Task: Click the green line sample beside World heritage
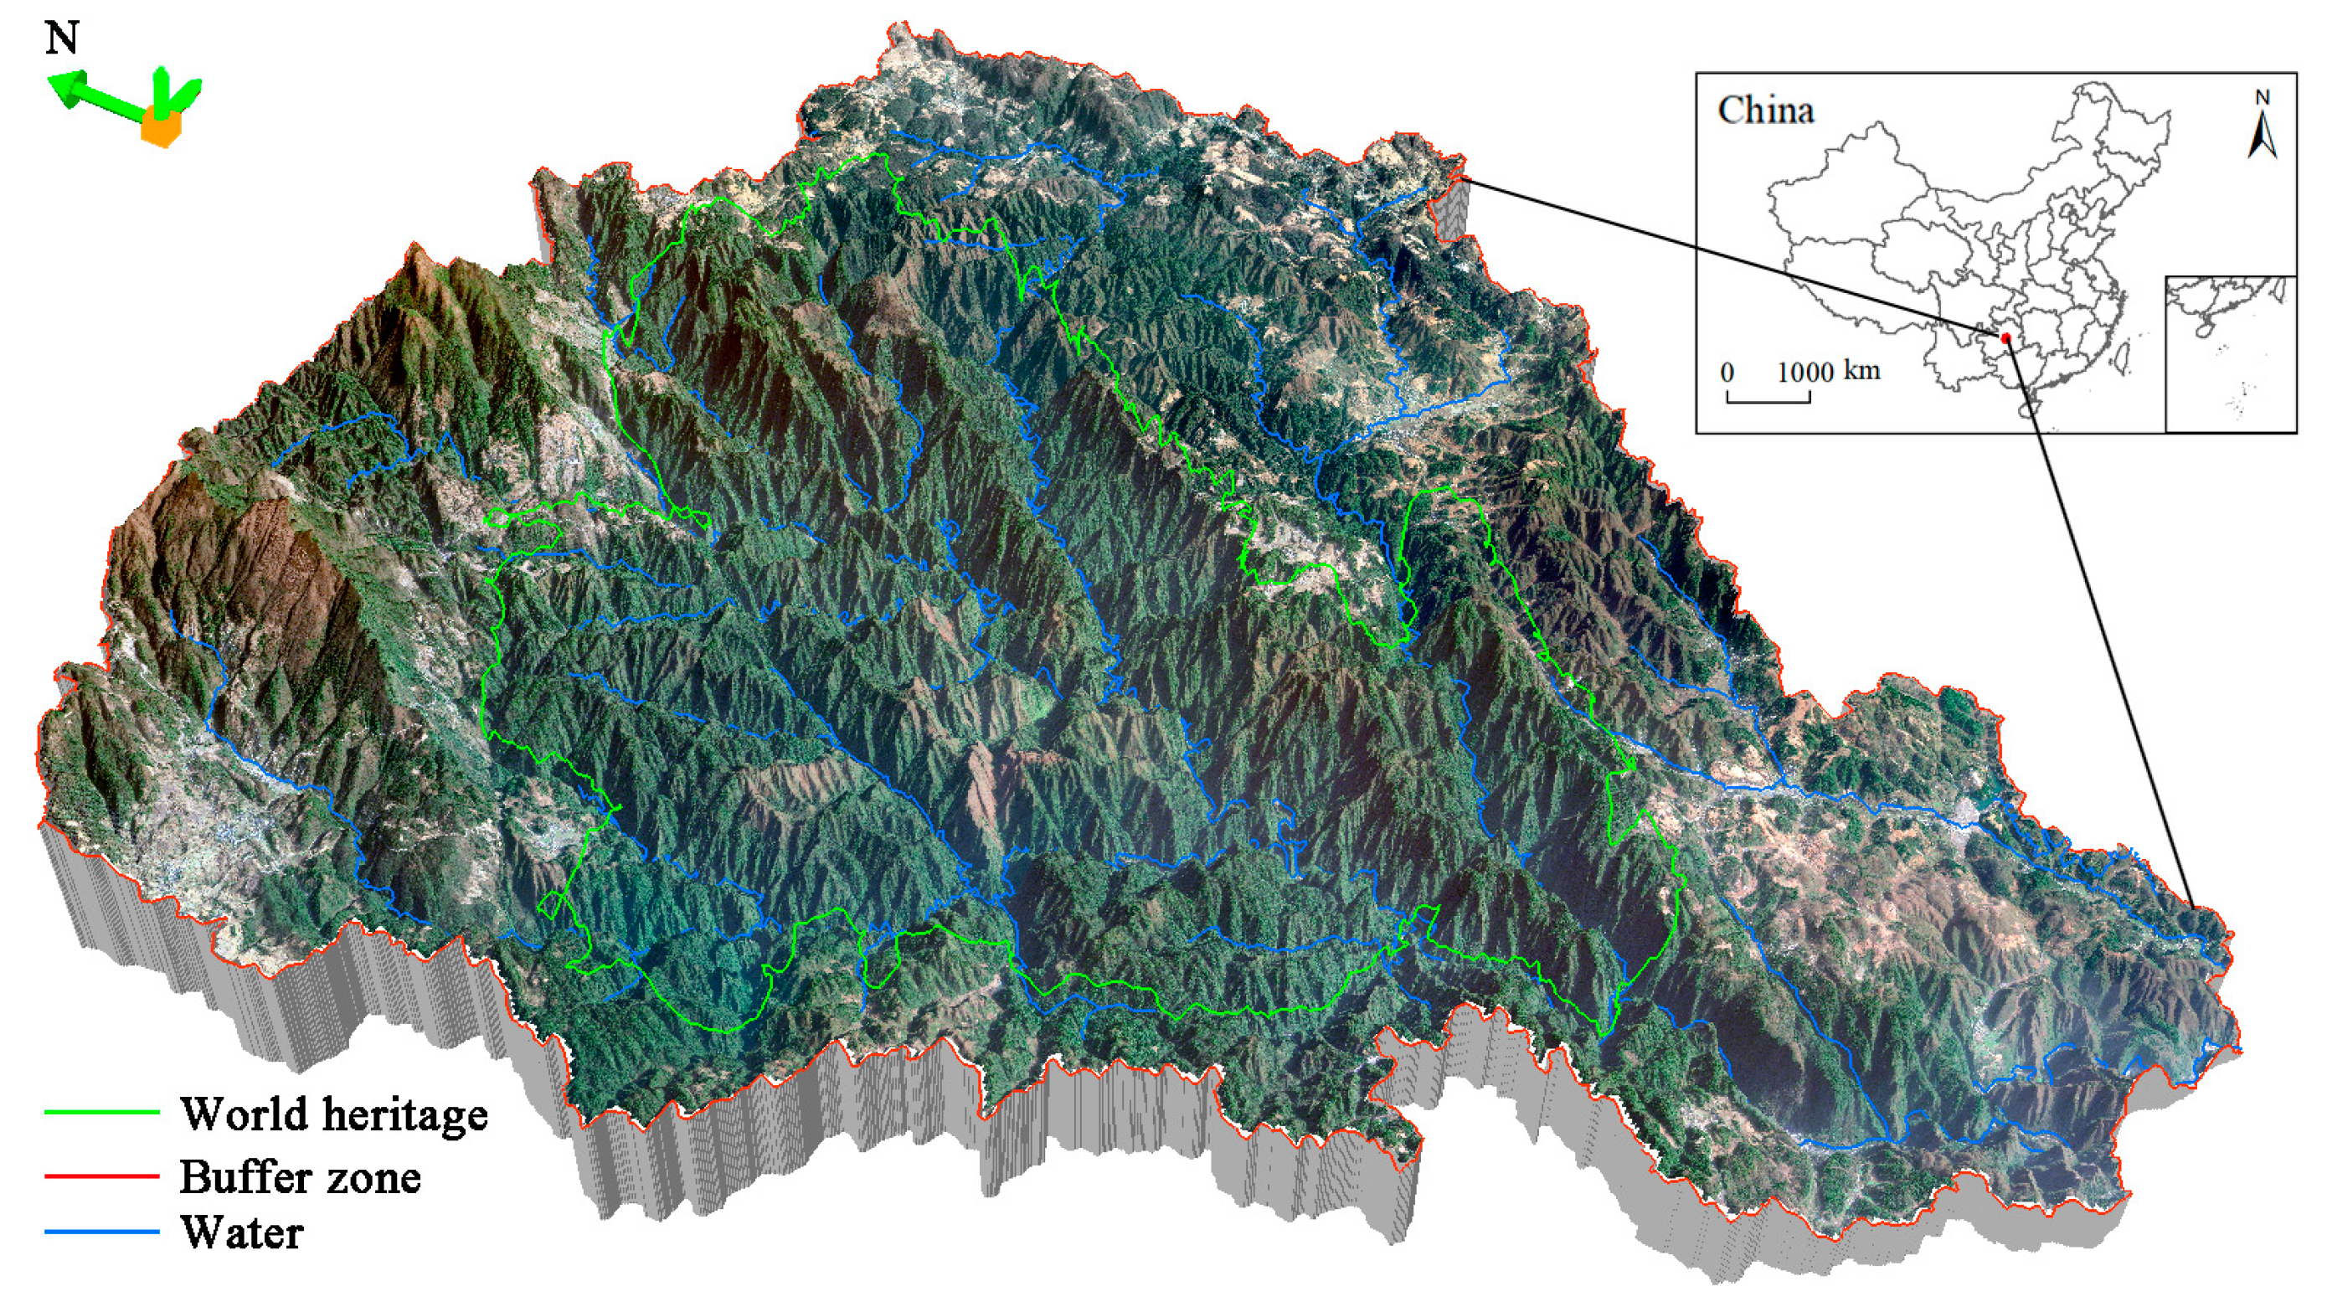pyautogui.click(x=101, y=1112)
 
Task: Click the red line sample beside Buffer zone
pyautogui.click(x=101, y=1176)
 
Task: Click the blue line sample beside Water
pyautogui.click(x=101, y=1231)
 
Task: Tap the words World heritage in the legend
pyautogui.click(x=333, y=1114)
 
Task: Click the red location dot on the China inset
pyautogui.click(x=2005, y=337)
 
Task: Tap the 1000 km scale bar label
pyautogui.click(x=1829, y=371)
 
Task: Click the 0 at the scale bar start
pyautogui.click(x=1727, y=372)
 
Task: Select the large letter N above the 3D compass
pyautogui.click(x=61, y=38)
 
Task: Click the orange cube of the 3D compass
pyautogui.click(x=161, y=126)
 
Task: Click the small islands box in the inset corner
pyautogui.click(x=2229, y=354)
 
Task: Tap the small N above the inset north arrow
pyautogui.click(x=2262, y=96)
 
